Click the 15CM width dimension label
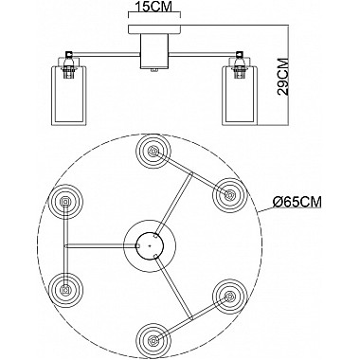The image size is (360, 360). click(153, 6)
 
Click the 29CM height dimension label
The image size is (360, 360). click(283, 76)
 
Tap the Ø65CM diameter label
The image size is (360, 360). click(297, 202)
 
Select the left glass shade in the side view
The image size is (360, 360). click(68, 94)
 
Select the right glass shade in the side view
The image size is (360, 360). click(241, 94)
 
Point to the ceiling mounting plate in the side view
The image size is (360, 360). click(154, 29)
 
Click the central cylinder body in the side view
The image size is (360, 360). click(154, 51)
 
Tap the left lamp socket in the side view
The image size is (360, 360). click(68, 65)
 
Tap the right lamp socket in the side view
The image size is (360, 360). click(240, 65)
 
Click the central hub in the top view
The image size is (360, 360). click(150, 245)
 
